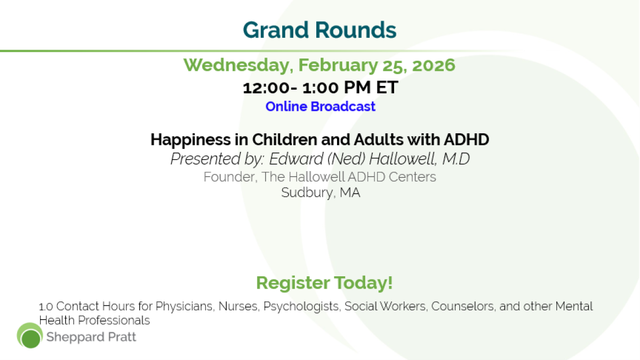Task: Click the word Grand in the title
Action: tap(276, 30)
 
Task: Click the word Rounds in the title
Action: tap(356, 30)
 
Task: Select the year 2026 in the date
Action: tap(434, 65)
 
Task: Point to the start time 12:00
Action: tap(266, 87)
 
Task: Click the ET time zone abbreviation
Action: tap(387, 87)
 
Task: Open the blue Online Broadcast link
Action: tap(321, 107)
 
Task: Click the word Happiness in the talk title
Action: tap(190, 140)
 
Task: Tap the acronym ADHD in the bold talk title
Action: tap(466, 140)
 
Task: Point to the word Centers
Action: tap(412, 177)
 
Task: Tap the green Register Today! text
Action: tap(324, 283)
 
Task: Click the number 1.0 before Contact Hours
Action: tap(46, 307)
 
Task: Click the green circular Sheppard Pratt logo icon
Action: tap(30, 335)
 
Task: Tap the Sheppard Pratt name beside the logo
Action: tap(91, 338)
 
